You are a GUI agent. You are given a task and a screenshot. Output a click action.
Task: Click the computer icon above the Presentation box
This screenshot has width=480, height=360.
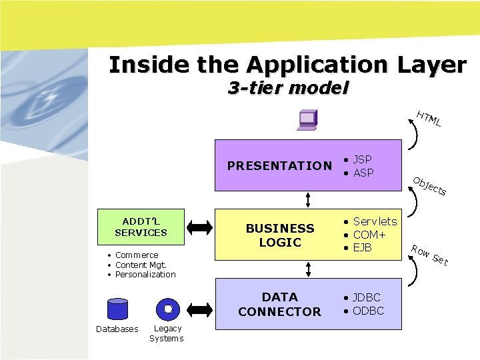(x=307, y=119)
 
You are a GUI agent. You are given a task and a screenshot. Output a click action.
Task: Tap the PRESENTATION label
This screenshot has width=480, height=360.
(x=279, y=166)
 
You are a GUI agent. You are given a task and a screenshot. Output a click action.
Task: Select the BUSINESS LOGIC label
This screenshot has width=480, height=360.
(x=280, y=235)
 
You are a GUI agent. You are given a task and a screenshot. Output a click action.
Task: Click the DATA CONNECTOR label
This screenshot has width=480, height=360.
(x=279, y=304)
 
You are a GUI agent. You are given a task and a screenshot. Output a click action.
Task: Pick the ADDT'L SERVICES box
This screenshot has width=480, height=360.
(x=141, y=226)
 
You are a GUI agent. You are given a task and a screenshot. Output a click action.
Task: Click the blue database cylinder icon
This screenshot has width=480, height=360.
(x=117, y=310)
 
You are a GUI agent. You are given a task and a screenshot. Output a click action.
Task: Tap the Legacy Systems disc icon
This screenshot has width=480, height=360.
(x=168, y=309)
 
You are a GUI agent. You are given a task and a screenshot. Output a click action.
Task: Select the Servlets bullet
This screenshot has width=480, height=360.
(x=374, y=221)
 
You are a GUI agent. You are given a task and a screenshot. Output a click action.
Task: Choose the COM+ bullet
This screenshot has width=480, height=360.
(x=369, y=235)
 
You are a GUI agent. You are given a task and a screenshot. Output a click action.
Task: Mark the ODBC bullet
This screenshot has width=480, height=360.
(x=367, y=311)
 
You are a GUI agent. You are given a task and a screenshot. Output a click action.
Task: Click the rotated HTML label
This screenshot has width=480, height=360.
(x=429, y=118)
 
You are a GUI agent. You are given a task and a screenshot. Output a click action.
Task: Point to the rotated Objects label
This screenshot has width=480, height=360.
(x=429, y=186)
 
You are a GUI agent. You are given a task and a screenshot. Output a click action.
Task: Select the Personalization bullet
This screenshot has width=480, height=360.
(x=145, y=274)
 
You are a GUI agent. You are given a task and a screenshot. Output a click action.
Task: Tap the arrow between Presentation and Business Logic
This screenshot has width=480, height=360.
(x=308, y=199)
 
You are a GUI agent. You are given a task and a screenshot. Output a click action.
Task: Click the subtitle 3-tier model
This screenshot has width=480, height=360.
(x=288, y=87)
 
